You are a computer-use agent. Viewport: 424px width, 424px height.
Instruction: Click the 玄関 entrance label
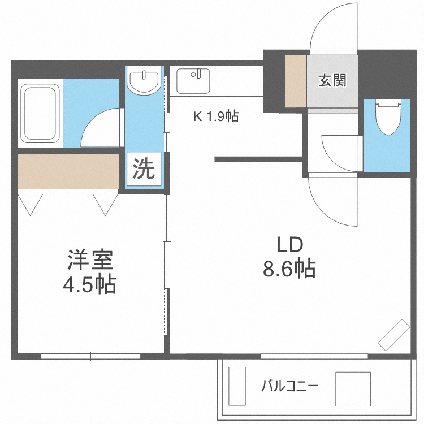point(332,80)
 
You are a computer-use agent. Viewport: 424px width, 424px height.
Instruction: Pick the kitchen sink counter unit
point(193,81)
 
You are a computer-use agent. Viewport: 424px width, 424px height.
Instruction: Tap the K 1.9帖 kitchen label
point(216,116)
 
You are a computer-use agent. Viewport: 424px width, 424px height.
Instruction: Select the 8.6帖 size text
point(289,269)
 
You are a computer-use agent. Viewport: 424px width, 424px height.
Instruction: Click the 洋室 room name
point(91,260)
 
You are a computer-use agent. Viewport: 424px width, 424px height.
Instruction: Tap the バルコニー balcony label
point(289,387)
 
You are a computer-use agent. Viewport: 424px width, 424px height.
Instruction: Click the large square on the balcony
point(353,389)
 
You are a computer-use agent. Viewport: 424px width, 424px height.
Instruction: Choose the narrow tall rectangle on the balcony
point(237,387)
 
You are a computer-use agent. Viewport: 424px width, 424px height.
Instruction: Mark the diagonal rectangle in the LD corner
point(394,334)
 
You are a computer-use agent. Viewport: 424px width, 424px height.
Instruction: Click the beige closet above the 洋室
point(68,171)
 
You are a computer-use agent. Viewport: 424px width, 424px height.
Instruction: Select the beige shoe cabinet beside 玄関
point(295,81)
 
